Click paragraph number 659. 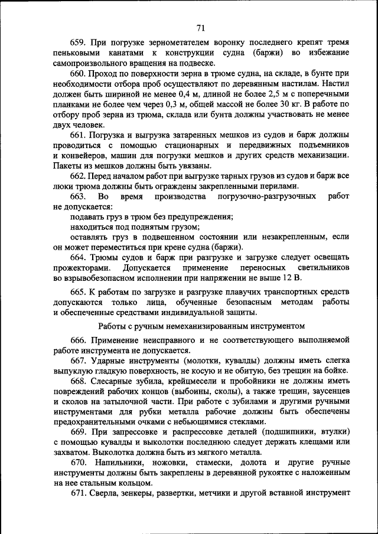(79, 43)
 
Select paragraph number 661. (79, 135)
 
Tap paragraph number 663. (79, 196)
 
